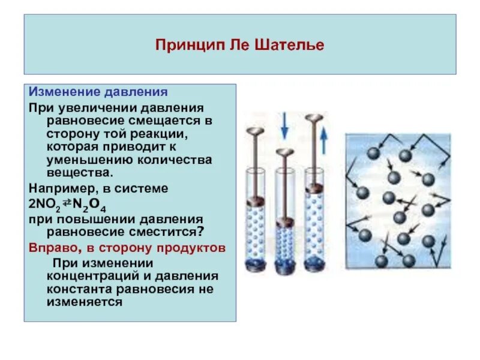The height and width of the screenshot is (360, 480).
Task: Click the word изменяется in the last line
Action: click(x=83, y=303)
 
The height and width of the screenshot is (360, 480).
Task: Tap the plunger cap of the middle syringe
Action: click(x=285, y=152)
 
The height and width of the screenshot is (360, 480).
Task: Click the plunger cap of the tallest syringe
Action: click(x=313, y=118)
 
